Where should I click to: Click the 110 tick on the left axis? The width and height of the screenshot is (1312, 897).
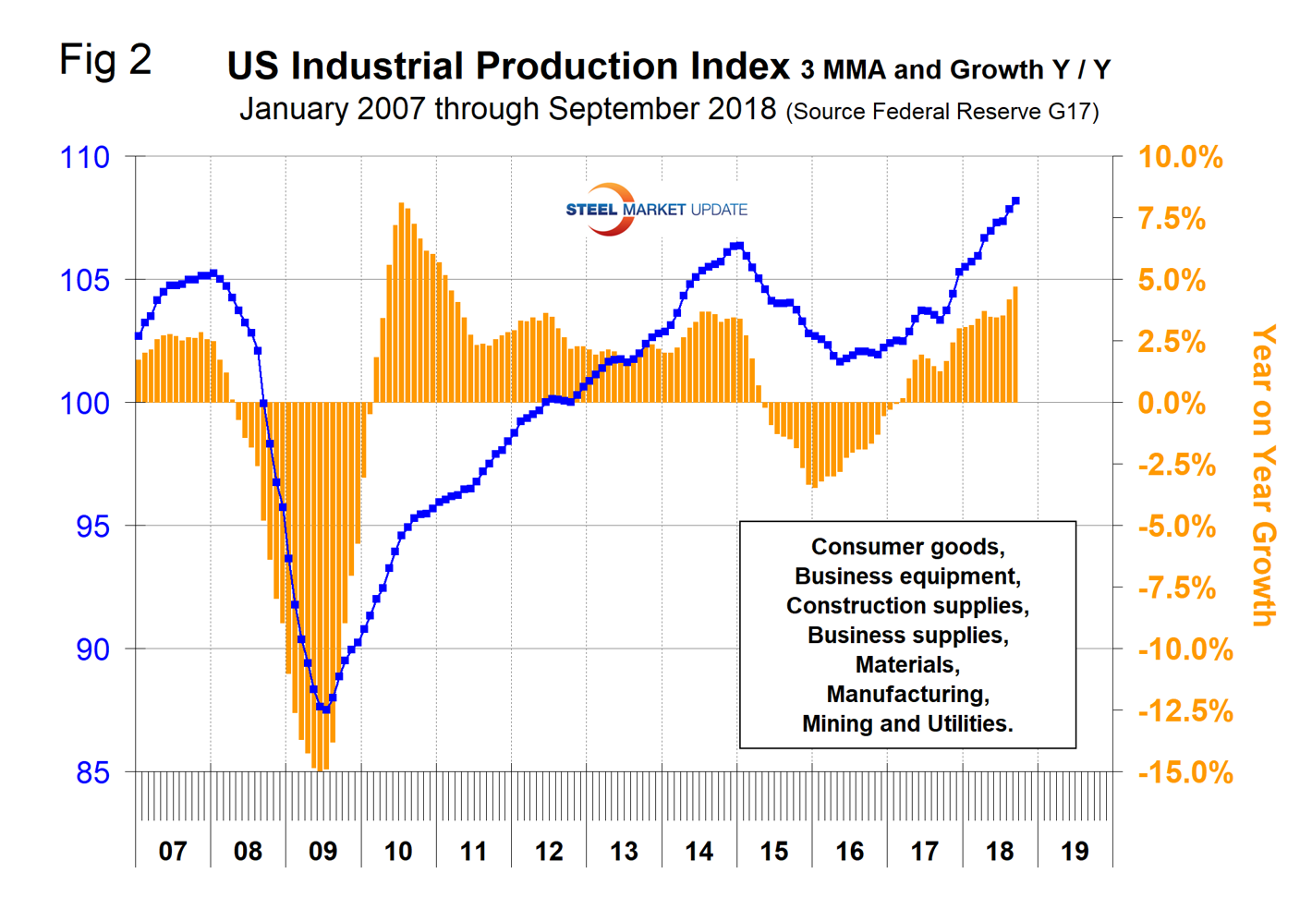85,158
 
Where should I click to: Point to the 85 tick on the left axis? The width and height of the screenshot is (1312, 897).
92,772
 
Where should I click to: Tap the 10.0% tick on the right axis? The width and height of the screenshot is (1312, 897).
1180,158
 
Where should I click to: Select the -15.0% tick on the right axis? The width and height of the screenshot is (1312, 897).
1185,772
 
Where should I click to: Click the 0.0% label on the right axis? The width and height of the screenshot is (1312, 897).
1172,404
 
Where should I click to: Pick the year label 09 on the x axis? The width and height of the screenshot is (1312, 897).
323,851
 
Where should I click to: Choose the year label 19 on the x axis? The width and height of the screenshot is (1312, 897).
1075,851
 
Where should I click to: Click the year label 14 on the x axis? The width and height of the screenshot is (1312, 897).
699,851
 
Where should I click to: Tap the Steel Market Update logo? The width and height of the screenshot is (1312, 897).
655,210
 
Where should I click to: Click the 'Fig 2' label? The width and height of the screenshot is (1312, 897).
104,61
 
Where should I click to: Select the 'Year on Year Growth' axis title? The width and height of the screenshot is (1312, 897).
1263,475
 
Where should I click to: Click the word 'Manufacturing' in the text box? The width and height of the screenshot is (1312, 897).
907,694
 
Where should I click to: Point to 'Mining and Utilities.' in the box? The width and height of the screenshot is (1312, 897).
907,723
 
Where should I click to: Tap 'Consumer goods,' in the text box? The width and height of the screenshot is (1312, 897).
907,547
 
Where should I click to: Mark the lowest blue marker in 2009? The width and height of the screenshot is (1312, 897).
325,709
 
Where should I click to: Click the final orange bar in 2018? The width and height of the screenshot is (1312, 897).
1015,344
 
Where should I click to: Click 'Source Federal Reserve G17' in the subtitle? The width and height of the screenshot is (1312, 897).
942,113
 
